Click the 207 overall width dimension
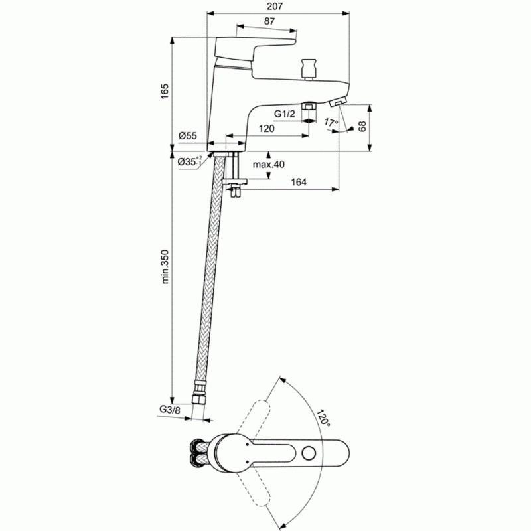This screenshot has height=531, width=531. tap(275, 6)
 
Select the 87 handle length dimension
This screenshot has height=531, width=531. tap(269, 21)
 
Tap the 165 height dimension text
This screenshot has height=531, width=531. tap(165, 91)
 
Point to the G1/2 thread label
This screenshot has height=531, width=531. tap(285, 114)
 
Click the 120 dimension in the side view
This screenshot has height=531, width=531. tap(267, 129)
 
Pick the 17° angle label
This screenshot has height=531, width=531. tap(331, 122)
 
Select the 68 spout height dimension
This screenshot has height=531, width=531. tap(362, 126)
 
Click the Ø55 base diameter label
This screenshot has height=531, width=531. tap(188, 136)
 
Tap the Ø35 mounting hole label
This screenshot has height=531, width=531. tap(190, 161)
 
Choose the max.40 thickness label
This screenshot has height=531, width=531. tap(269, 164)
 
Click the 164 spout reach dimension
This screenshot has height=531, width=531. tap(299, 182)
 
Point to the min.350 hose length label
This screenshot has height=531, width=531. tap(165, 267)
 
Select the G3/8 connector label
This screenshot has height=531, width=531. tap(170, 410)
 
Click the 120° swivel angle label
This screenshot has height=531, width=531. tap(323, 418)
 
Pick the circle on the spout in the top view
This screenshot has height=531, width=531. tap(309, 453)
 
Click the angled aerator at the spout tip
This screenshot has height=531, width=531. tap(338, 102)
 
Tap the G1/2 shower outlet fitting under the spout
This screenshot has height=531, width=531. tap(308, 106)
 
